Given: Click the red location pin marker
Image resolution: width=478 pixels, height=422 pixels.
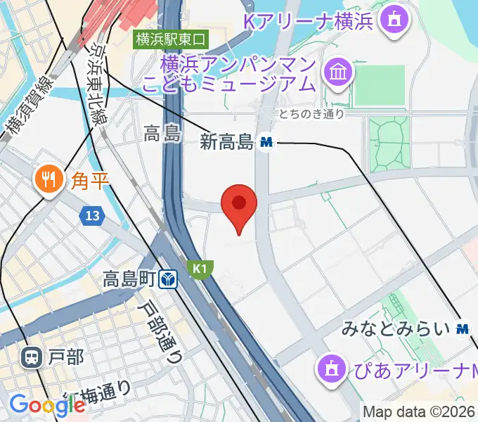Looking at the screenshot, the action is pos(239,205).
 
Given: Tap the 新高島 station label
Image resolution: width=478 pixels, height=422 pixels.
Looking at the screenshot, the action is pos(226,143).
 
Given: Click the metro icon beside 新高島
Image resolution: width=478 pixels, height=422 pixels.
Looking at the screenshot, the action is pos(266,142).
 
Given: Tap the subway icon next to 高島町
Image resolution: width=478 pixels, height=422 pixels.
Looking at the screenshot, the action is pos(167,280).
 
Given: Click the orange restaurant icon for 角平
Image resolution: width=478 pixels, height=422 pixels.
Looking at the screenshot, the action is pos(48,179).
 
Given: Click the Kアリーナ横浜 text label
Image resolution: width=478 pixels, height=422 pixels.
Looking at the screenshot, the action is pos(309,20).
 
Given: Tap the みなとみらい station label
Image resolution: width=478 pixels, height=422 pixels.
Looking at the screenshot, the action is pos(396,328).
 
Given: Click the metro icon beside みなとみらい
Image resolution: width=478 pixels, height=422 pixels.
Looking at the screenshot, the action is pos(462,328).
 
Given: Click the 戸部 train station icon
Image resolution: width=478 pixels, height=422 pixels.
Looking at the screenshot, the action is pos(31,358).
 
